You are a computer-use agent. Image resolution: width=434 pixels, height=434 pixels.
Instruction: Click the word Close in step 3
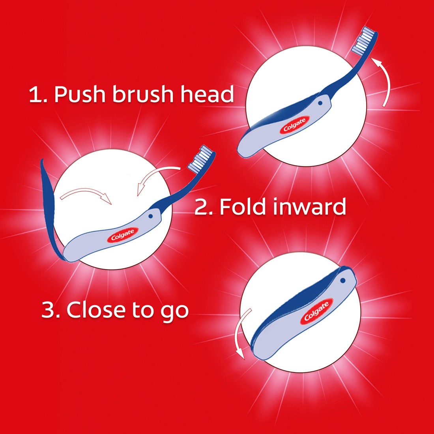pos(94,310)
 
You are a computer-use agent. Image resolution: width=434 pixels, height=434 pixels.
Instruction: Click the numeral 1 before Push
pos(36,95)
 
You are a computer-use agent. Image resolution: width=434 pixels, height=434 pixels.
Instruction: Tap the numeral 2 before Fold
pos(202,207)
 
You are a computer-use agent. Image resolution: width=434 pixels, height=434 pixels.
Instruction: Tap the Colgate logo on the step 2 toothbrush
pos(122,235)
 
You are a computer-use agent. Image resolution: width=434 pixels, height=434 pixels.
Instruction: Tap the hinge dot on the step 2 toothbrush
pos(150,216)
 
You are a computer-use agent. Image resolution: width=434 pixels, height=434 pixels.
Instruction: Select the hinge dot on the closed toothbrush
pos(342,281)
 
